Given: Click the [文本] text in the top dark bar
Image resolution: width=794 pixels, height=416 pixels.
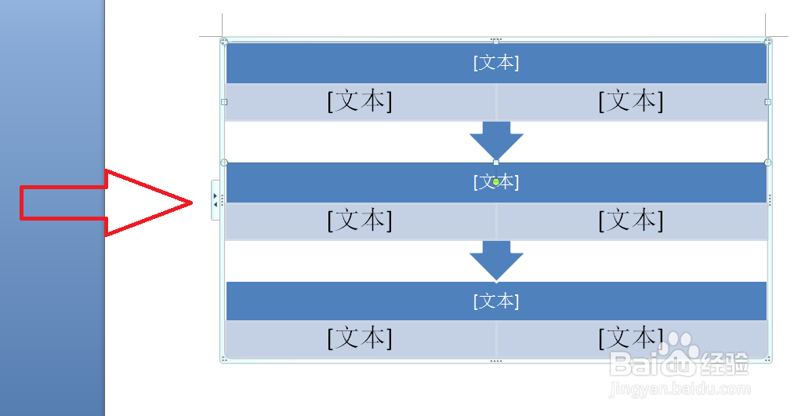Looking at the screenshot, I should pos(496,63).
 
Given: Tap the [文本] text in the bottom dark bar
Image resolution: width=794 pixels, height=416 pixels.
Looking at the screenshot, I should pos(496,301).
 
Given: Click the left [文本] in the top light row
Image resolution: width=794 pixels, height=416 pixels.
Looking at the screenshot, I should pos(360,101).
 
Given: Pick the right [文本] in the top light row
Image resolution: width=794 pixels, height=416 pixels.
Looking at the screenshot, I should pos(631,101).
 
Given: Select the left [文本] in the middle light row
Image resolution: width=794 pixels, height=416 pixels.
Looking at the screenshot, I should pos(360,221).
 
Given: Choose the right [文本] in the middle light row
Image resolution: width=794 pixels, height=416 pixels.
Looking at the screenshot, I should pos(631,221).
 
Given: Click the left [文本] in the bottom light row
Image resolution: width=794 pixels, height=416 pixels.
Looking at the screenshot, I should pos(360,338).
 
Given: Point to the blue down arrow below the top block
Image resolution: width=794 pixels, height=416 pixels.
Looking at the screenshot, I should pos(496,140).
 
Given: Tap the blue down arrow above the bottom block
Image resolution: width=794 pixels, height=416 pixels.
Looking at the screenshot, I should pos(496,259).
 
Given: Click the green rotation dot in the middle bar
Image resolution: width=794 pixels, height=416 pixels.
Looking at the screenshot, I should pos(496,182).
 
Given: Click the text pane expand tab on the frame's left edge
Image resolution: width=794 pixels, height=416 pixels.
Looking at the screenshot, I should pos(216,200).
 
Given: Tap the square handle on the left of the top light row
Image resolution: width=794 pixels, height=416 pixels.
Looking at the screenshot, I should pos(224,101).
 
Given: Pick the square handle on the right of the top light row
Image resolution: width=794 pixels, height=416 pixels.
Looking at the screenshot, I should pos(767,101).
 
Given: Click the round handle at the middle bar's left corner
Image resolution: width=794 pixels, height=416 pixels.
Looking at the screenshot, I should pos(224,162).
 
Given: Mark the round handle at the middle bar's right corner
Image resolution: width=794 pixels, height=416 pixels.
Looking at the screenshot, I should pos(767,162).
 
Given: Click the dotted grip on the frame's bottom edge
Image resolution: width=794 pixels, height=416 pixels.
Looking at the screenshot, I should pos(495,361).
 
